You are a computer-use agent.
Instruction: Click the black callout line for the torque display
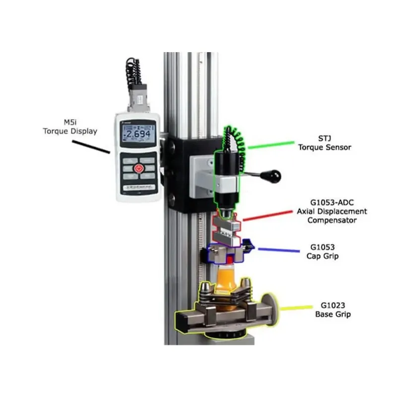(x=91, y=146)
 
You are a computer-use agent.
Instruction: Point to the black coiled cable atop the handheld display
(x=132, y=74)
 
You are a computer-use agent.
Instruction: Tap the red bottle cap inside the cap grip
(x=229, y=259)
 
